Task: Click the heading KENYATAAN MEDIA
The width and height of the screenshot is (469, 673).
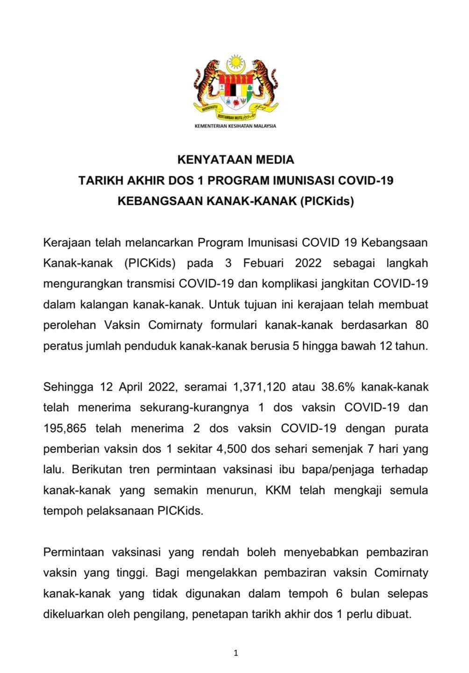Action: coord(235,160)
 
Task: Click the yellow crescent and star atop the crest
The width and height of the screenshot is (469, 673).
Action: coord(235,63)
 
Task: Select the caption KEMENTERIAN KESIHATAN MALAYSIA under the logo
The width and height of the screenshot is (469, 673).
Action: coord(235,126)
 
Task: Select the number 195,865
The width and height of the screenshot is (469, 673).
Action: coord(64,428)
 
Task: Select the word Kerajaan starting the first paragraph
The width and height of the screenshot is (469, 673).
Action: coord(65,243)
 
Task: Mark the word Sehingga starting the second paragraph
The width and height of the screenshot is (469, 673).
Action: coord(66,387)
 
